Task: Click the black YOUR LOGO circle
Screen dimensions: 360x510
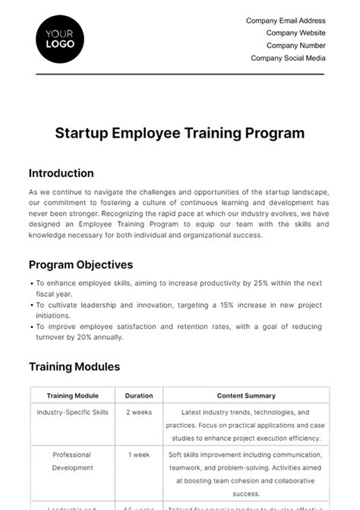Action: tap(60, 38)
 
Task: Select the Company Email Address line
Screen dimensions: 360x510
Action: tap(286, 21)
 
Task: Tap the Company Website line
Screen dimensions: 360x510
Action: tap(295, 33)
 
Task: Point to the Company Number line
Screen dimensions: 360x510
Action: tap(295, 46)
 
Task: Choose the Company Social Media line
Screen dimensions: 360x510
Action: tap(288, 58)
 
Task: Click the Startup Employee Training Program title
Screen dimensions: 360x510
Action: tap(180, 133)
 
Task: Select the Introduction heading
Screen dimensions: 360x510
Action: tap(62, 173)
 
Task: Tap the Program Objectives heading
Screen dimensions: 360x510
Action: tap(81, 265)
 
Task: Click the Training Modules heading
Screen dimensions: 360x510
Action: tap(74, 367)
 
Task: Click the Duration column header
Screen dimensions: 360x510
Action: tap(138, 396)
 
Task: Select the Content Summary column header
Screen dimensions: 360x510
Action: tap(246, 396)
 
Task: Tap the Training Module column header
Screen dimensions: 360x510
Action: tap(72, 396)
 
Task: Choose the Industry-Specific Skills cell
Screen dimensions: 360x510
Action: tap(72, 413)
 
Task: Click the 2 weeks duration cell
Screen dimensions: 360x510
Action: tap(138, 413)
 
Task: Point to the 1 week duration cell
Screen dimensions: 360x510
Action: tap(138, 455)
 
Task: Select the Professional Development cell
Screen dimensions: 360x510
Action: tap(72, 461)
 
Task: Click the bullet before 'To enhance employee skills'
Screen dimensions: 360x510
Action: tap(31, 284)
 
